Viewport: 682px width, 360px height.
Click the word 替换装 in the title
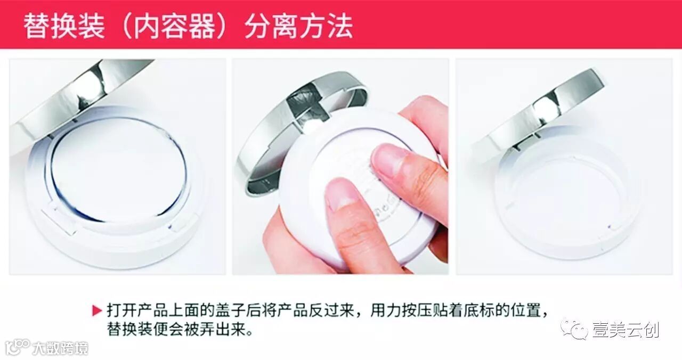(64, 26)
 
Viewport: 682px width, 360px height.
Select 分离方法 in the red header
(299, 26)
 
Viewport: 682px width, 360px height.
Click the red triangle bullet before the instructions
(97, 310)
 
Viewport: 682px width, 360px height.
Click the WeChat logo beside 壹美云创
(574, 329)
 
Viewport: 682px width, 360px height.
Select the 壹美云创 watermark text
(626, 330)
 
